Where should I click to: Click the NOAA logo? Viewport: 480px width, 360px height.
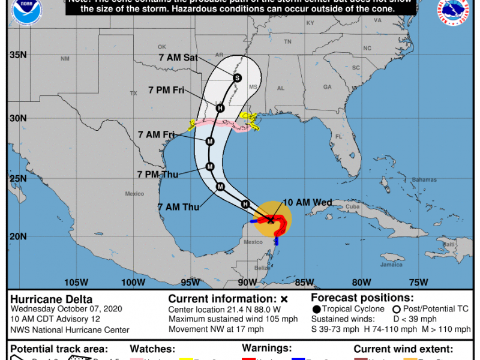[x=22, y=13]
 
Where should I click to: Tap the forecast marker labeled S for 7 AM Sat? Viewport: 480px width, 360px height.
[x=237, y=77]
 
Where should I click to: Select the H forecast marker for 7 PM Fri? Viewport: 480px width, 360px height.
[x=220, y=109]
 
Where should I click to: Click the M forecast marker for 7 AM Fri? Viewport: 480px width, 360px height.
[x=210, y=142]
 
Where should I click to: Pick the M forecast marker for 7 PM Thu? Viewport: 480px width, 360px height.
[x=210, y=166]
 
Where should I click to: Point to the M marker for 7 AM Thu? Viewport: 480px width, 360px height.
[x=220, y=186]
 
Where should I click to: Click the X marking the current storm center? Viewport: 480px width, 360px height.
[x=271, y=220]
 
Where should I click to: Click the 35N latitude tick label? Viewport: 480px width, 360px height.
[x=19, y=55]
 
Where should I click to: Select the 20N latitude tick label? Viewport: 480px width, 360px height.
[x=19, y=236]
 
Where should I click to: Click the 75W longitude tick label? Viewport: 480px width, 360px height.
[x=418, y=283]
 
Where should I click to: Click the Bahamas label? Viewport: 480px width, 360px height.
[x=409, y=179]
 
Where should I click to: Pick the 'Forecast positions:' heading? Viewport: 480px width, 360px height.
[x=362, y=298]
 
